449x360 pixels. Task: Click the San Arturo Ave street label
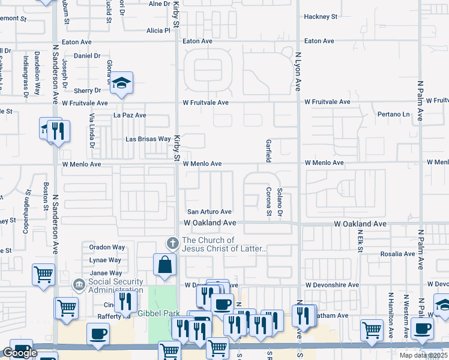click(209, 212)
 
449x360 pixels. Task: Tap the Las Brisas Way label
click(148, 139)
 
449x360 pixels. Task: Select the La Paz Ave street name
click(130, 115)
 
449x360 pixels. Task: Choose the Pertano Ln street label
click(393, 114)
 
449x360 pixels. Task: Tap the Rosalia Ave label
click(397, 254)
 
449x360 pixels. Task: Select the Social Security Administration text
click(116, 286)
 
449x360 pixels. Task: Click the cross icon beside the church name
click(172, 244)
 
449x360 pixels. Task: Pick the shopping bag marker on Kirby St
click(164, 264)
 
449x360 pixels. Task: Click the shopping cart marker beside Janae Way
click(44, 275)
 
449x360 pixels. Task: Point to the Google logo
click(20, 353)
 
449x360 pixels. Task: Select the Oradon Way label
click(107, 247)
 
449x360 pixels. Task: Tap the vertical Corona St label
click(268, 201)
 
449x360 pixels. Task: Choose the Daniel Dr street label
click(87, 56)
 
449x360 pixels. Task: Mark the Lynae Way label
click(105, 260)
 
